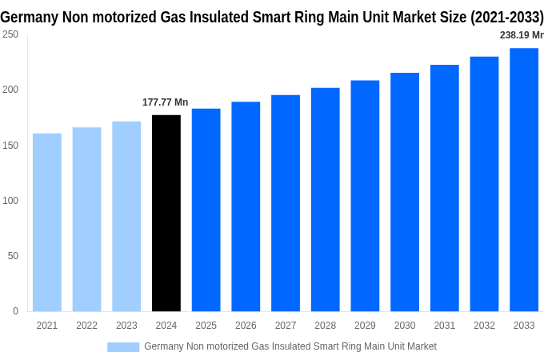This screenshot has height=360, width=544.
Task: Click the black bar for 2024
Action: [x=166, y=214]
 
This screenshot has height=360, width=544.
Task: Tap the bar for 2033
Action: [x=524, y=180]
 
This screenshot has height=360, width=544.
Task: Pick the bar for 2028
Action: [x=326, y=200]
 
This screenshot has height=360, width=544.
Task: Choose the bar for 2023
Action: [x=126, y=217]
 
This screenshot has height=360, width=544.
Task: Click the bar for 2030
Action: [x=405, y=192]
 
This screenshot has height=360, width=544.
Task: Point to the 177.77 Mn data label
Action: [x=166, y=102]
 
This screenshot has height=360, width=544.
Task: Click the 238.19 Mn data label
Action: [x=521, y=35]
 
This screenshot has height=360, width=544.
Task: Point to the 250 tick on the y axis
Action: [x=10, y=34]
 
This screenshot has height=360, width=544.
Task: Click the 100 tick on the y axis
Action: [x=10, y=200]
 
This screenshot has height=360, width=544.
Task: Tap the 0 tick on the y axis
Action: [x=15, y=311]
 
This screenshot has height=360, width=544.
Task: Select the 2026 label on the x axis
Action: [x=246, y=326]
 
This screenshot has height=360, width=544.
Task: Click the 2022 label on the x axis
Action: [x=86, y=326]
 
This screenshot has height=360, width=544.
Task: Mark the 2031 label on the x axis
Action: [x=445, y=326]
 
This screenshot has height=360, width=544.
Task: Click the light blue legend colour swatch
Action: [x=123, y=346]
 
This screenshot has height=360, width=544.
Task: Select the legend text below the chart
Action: [x=290, y=346]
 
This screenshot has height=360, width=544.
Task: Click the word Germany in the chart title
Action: [x=29, y=16]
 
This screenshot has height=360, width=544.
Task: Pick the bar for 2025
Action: [x=206, y=210]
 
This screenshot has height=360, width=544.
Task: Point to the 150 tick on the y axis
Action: [x=10, y=145]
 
